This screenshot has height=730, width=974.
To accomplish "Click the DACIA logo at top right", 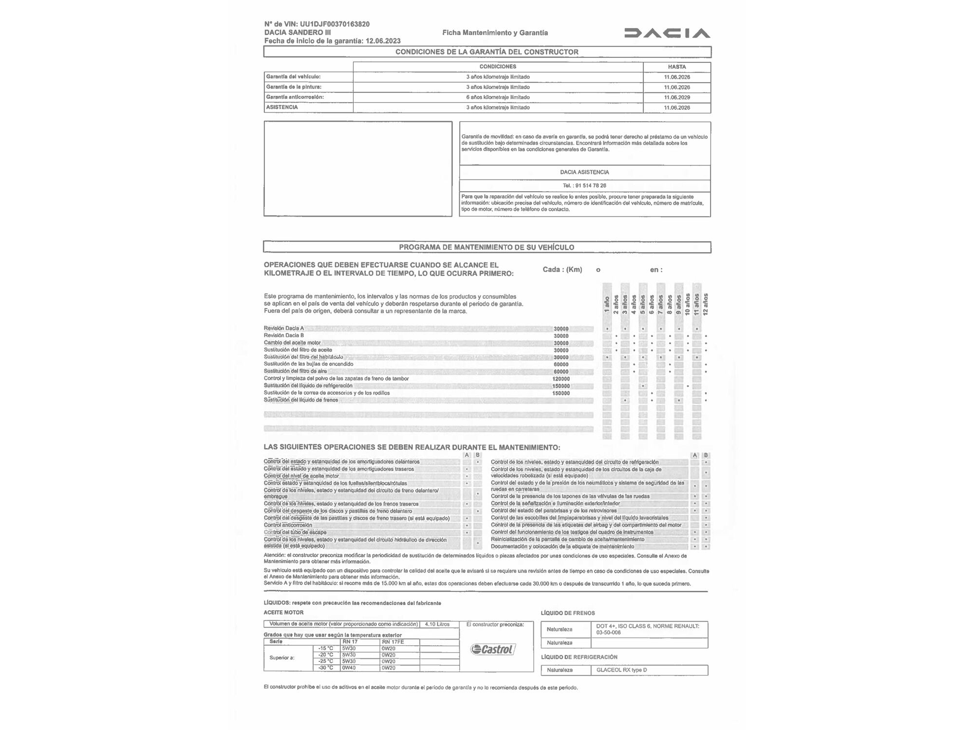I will (x=667, y=33).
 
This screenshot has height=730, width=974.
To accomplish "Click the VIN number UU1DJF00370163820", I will (x=335, y=24).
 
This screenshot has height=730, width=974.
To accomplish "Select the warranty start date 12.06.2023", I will (x=383, y=41).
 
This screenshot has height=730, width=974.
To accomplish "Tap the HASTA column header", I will (x=676, y=67).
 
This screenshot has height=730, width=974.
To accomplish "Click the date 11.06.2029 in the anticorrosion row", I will (x=676, y=97).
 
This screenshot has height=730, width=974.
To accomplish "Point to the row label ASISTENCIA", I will (x=282, y=107).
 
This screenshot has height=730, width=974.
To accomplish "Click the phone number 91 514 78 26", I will (x=590, y=185).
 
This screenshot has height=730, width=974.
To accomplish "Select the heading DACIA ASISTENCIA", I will (x=584, y=172).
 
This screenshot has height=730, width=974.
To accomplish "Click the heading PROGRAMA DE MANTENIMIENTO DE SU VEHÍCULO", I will (x=487, y=247).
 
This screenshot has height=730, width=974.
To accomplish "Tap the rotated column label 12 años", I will (x=706, y=304).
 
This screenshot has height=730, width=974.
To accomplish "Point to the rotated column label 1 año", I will (x=607, y=305).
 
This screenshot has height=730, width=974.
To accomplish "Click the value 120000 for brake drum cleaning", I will (x=561, y=379).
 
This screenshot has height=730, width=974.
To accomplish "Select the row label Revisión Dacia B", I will (x=284, y=335).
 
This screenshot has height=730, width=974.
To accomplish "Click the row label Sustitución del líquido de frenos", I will (x=301, y=400).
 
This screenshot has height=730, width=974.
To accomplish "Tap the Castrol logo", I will (x=493, y=649).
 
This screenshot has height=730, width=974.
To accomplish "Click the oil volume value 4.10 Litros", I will (x=437, y=624).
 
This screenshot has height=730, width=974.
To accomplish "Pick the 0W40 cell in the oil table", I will (x=349, y=668).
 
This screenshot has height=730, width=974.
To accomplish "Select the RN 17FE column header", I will (x=393, y=642).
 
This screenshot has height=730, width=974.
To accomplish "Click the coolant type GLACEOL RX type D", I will (x=621, y=670).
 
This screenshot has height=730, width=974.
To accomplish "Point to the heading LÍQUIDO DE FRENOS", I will (x=568, y=613).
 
